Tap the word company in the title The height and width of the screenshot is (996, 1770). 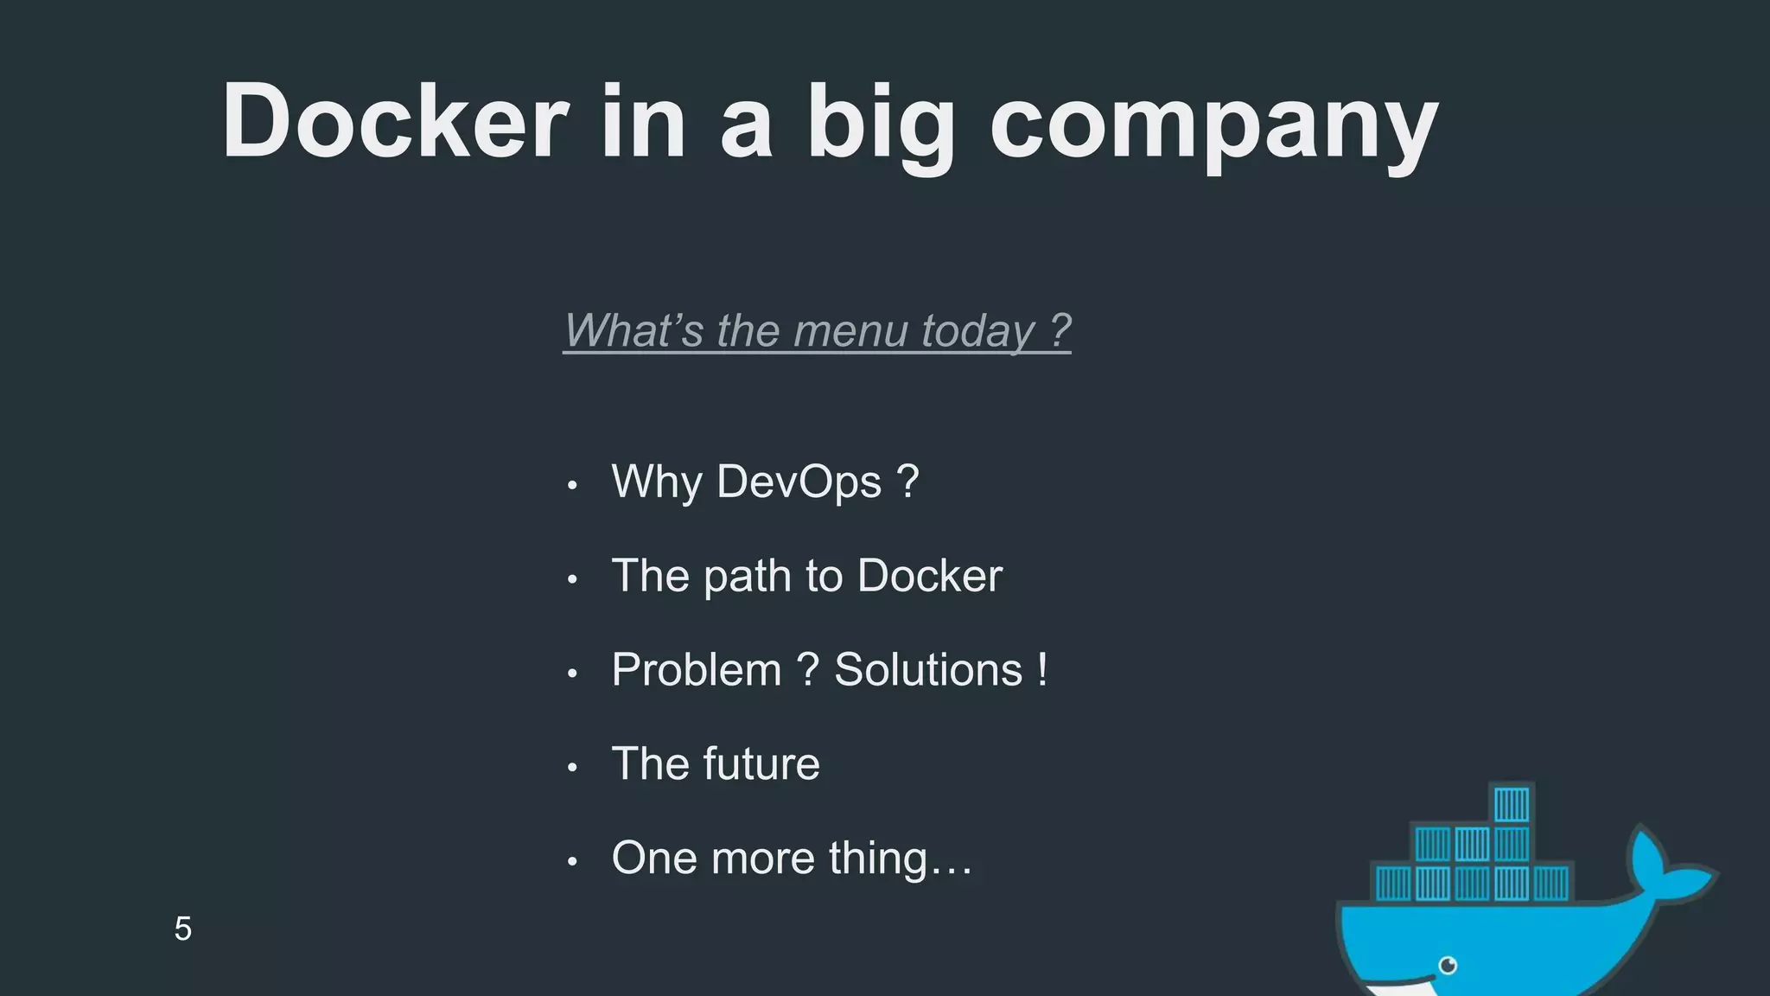click(1213, 125)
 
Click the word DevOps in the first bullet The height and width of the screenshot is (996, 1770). click(799, 482)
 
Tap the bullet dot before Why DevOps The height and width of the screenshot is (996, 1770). click(571, 486)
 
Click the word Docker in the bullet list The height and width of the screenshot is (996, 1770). click(929, 576)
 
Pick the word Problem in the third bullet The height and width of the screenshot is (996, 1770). click(696, 670)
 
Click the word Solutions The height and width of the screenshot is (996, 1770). click(928, 670)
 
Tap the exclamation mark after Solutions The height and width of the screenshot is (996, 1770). click(1043, 669)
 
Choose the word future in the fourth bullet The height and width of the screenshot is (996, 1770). click(761, 763)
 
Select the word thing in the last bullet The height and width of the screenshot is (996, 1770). click(878, 859)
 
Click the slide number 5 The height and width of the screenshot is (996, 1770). click(182, 929)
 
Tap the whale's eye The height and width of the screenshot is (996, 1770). click(1448, 965)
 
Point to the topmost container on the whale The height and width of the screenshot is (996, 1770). click(1512, 804)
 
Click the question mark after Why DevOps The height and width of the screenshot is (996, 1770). click(907, 482)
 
